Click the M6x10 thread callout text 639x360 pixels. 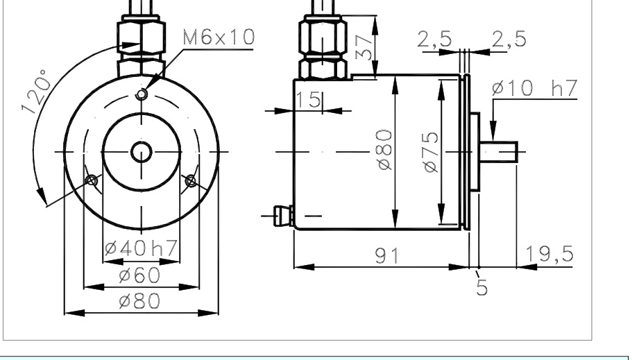[x=219, y=37]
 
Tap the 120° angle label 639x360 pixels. [x=36, y=92]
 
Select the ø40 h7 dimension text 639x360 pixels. [x=141, y=248]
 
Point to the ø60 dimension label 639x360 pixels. [x=139, y=275]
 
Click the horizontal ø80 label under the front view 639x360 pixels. [x=139, y=301]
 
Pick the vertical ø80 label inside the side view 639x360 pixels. [x=384, y=150]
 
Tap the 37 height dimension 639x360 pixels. [x=364, y=47]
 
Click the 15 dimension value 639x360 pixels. [x=308, y=100]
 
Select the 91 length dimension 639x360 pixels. [x=387, y=256]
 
